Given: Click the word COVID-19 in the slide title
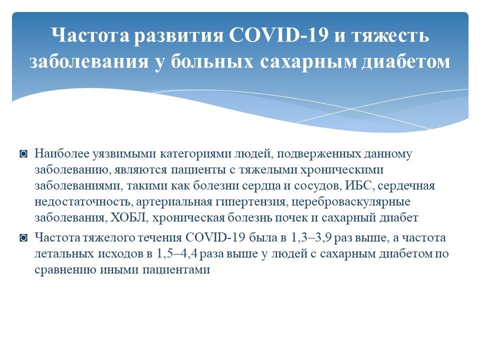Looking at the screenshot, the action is coord(278,35).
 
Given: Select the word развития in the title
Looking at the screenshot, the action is coord(179,35).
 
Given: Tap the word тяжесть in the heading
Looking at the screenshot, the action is coord(390,35).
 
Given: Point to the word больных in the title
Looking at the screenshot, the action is coord(212,61).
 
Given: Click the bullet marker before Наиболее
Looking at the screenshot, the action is coord(23,153).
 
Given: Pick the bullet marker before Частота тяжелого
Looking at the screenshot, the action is coord(23,238).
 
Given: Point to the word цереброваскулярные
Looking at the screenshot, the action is coord(351,201).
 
